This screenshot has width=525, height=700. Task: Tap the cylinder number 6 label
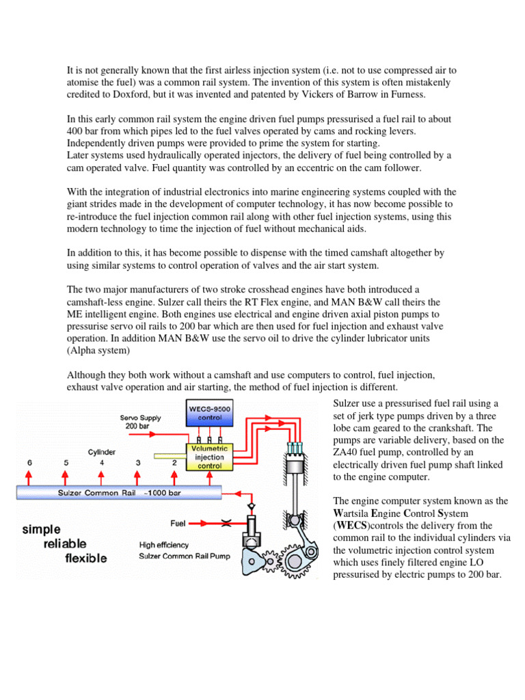(x=29, y=462)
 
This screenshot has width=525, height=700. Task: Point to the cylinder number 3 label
(x=138, y=462)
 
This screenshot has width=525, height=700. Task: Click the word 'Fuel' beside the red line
(x=178, y=523)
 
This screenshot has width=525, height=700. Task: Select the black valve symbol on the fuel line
(x=226, y=523)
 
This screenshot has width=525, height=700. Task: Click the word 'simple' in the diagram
(x=42, y=529)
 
